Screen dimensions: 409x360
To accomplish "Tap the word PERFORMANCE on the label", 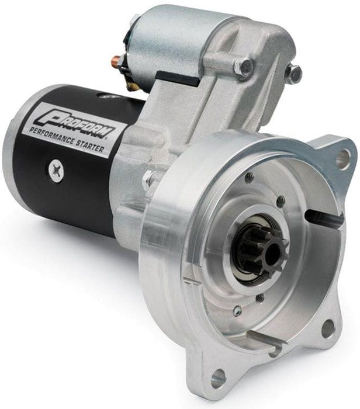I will (67, 138).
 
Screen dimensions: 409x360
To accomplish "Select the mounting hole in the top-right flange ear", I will (343, 156).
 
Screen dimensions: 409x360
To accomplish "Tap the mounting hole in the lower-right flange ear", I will (328, 328).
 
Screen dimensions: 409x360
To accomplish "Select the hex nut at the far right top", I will (293, 74).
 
